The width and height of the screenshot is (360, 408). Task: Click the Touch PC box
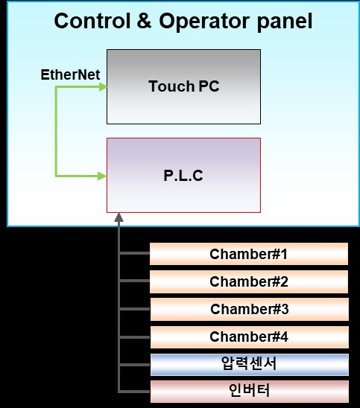pyautogui.click(x=183, y=86)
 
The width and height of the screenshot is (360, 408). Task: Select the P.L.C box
pyautogui.click(x=183, y=175)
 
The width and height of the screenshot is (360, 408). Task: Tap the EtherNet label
pyautogui.click(x=70, y=74)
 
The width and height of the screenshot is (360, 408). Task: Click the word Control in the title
pyautogui.click(x=92, y=21)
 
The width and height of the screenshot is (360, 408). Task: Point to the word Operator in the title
pyautogui.click(x=204, y=22)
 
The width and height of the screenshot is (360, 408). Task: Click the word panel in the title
pyautogui.click(x=285, y=22)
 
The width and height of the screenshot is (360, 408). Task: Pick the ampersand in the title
pyautogui.click(x=144, y=21)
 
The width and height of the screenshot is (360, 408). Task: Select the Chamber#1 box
pyautogui.click(x=249, y=254)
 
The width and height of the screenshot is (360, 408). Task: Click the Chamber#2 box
pyautogui.click(x=249, y=281)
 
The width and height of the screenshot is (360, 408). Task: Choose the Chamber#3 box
pyautogui.click(x=249, y=309)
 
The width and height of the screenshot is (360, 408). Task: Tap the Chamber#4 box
pyautogui.click(x=249, y=337)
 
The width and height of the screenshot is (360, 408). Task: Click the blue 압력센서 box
pyautogui.click(x=249, y=364)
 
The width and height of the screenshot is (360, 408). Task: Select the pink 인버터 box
pyautogui.click(x=249, y=392)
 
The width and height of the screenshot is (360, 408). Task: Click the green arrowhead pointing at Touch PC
pyautogui.click(x=103, y=87)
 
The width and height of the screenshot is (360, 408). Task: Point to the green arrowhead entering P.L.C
pyautogui.click(x=102, y=176)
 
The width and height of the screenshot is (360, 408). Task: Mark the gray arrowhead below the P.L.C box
pyautogui.click(x=119, y=217)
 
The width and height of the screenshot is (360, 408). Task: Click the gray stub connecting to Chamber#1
pyautogui.click(x=134, y=253)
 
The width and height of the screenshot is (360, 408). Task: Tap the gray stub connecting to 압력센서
pyautogui.click(x=135, y=365)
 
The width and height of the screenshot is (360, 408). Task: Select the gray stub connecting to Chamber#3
pyautogui.click(x=135, y=309)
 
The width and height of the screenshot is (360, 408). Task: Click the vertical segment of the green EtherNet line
pyautogui.click(x=56, y=131)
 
